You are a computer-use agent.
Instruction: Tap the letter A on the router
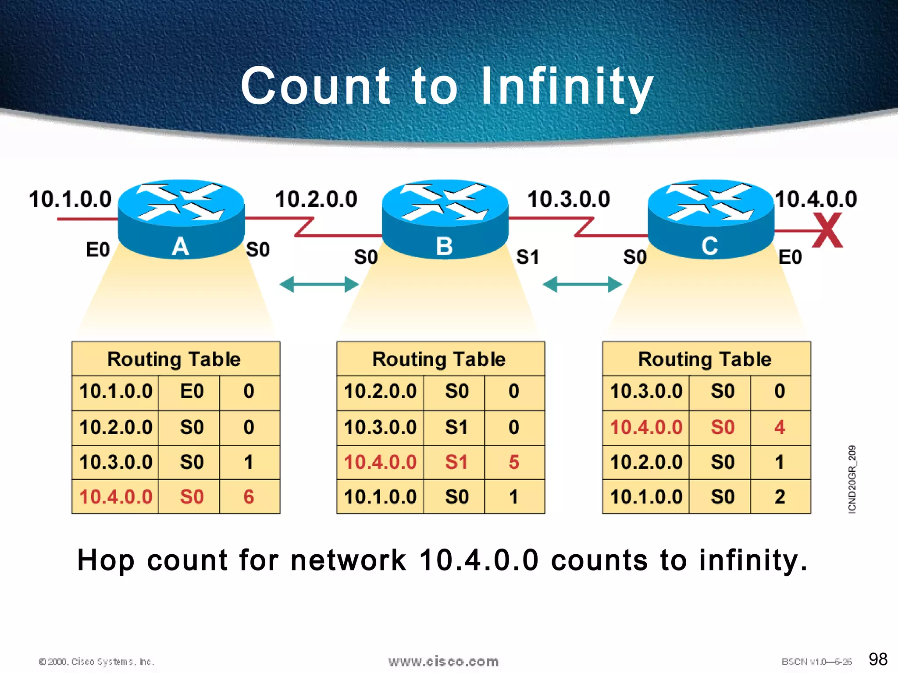pyautogui.click(x=180, y=246)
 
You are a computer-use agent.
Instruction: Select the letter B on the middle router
pyautogui.click(x=444, y=246)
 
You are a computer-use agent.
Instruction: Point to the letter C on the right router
pyautogui.click(x=709, y=246)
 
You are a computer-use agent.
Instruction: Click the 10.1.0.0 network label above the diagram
pyautogui.click(x=70, y=199)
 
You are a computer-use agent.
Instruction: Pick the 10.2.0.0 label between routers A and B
pyautogui.click(x=316, y=199)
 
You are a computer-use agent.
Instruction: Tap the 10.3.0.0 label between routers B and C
pyautogui.click(x=569, y=199)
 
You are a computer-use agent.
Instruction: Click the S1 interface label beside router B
pyautogui.click(x=527, y=257)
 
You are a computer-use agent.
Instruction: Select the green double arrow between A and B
pyautogui.click(x=319, y=284)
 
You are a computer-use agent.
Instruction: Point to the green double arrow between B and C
pyautogui.click(x=582, y=284)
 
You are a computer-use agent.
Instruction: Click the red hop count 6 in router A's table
pyautogui.click(x=249, y=497)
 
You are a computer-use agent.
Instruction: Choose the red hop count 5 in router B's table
pyautogui.click(x=514, y=462)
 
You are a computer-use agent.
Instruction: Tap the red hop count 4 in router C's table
pyautogui.click(x=780, y=427)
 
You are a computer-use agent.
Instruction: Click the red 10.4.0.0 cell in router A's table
pyautogui.click(x=116, y=497)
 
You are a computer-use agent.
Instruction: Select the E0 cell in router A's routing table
pyautogui.click(x=192, y=391)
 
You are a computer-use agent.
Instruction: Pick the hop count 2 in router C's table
pyautogui.click(x=780, y=497)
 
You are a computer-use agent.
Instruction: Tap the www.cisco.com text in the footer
pyautogui.click(x=443, y=661)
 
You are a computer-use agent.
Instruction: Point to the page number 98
pyautogui.click(x=878, y=659)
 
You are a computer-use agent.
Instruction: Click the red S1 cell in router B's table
pyautogui.click(x=456, y=462)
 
